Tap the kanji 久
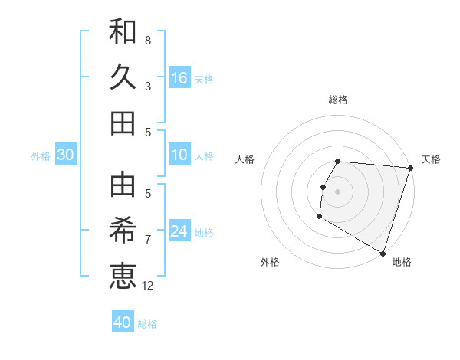123,77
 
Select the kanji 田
123,123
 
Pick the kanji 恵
123,275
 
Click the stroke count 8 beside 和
147,40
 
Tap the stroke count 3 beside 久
147,86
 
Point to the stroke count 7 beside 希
147,239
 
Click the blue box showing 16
179,77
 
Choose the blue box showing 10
179,155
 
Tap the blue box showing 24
179,231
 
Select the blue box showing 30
66,155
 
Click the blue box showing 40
123,322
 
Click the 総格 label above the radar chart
338,100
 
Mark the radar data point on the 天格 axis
410,169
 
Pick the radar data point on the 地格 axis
383,253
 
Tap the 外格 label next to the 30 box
41,156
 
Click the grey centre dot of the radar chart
337,191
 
